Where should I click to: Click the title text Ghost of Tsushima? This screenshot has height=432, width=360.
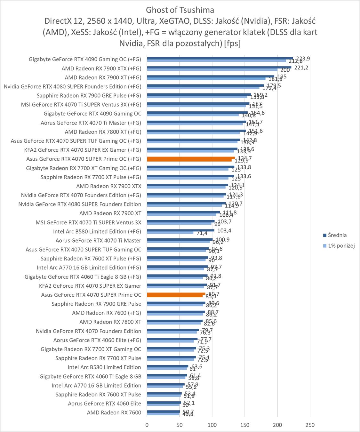pos(180,10)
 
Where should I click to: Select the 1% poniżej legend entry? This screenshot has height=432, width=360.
pos(341,246)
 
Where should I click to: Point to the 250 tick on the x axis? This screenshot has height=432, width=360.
pos(310,425)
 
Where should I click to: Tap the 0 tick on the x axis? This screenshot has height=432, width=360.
pos(147,425)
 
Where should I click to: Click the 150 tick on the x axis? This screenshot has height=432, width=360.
pos(245,425)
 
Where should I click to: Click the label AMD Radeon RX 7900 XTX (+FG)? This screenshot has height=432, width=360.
pos(101,68)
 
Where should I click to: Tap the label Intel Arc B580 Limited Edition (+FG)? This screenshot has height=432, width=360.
pos(97,231)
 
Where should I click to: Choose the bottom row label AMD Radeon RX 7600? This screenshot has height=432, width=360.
pos(114,412)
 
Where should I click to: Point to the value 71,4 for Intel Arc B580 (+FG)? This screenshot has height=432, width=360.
pos(202,233)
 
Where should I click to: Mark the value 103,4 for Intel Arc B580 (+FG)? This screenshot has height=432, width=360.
pos(224,230)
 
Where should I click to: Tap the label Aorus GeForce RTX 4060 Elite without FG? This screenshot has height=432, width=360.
pos(104,404)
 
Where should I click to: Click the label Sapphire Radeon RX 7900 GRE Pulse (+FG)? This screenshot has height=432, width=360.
pos(89,95)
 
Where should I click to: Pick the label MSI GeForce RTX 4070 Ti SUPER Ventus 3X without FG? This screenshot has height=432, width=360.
pos(88,222)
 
